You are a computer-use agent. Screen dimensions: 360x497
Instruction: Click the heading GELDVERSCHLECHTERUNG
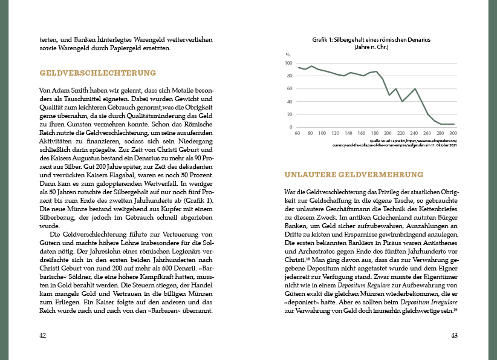tap(98, 73)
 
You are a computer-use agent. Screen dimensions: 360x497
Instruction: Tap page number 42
tap(42, 335)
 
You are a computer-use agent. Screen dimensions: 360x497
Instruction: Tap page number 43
tap(455, 335)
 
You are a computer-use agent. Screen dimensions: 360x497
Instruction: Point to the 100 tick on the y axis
tap(288, 63)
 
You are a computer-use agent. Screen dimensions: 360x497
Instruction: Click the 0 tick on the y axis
tap(290, 128)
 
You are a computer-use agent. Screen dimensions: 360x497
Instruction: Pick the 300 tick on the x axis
tap(453, 133)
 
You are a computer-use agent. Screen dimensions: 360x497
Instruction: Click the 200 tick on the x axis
tap(389, 133)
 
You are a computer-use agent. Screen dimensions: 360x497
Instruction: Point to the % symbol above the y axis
tap(288, 54)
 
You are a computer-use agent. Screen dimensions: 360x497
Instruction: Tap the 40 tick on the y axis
tap(289, 102)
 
